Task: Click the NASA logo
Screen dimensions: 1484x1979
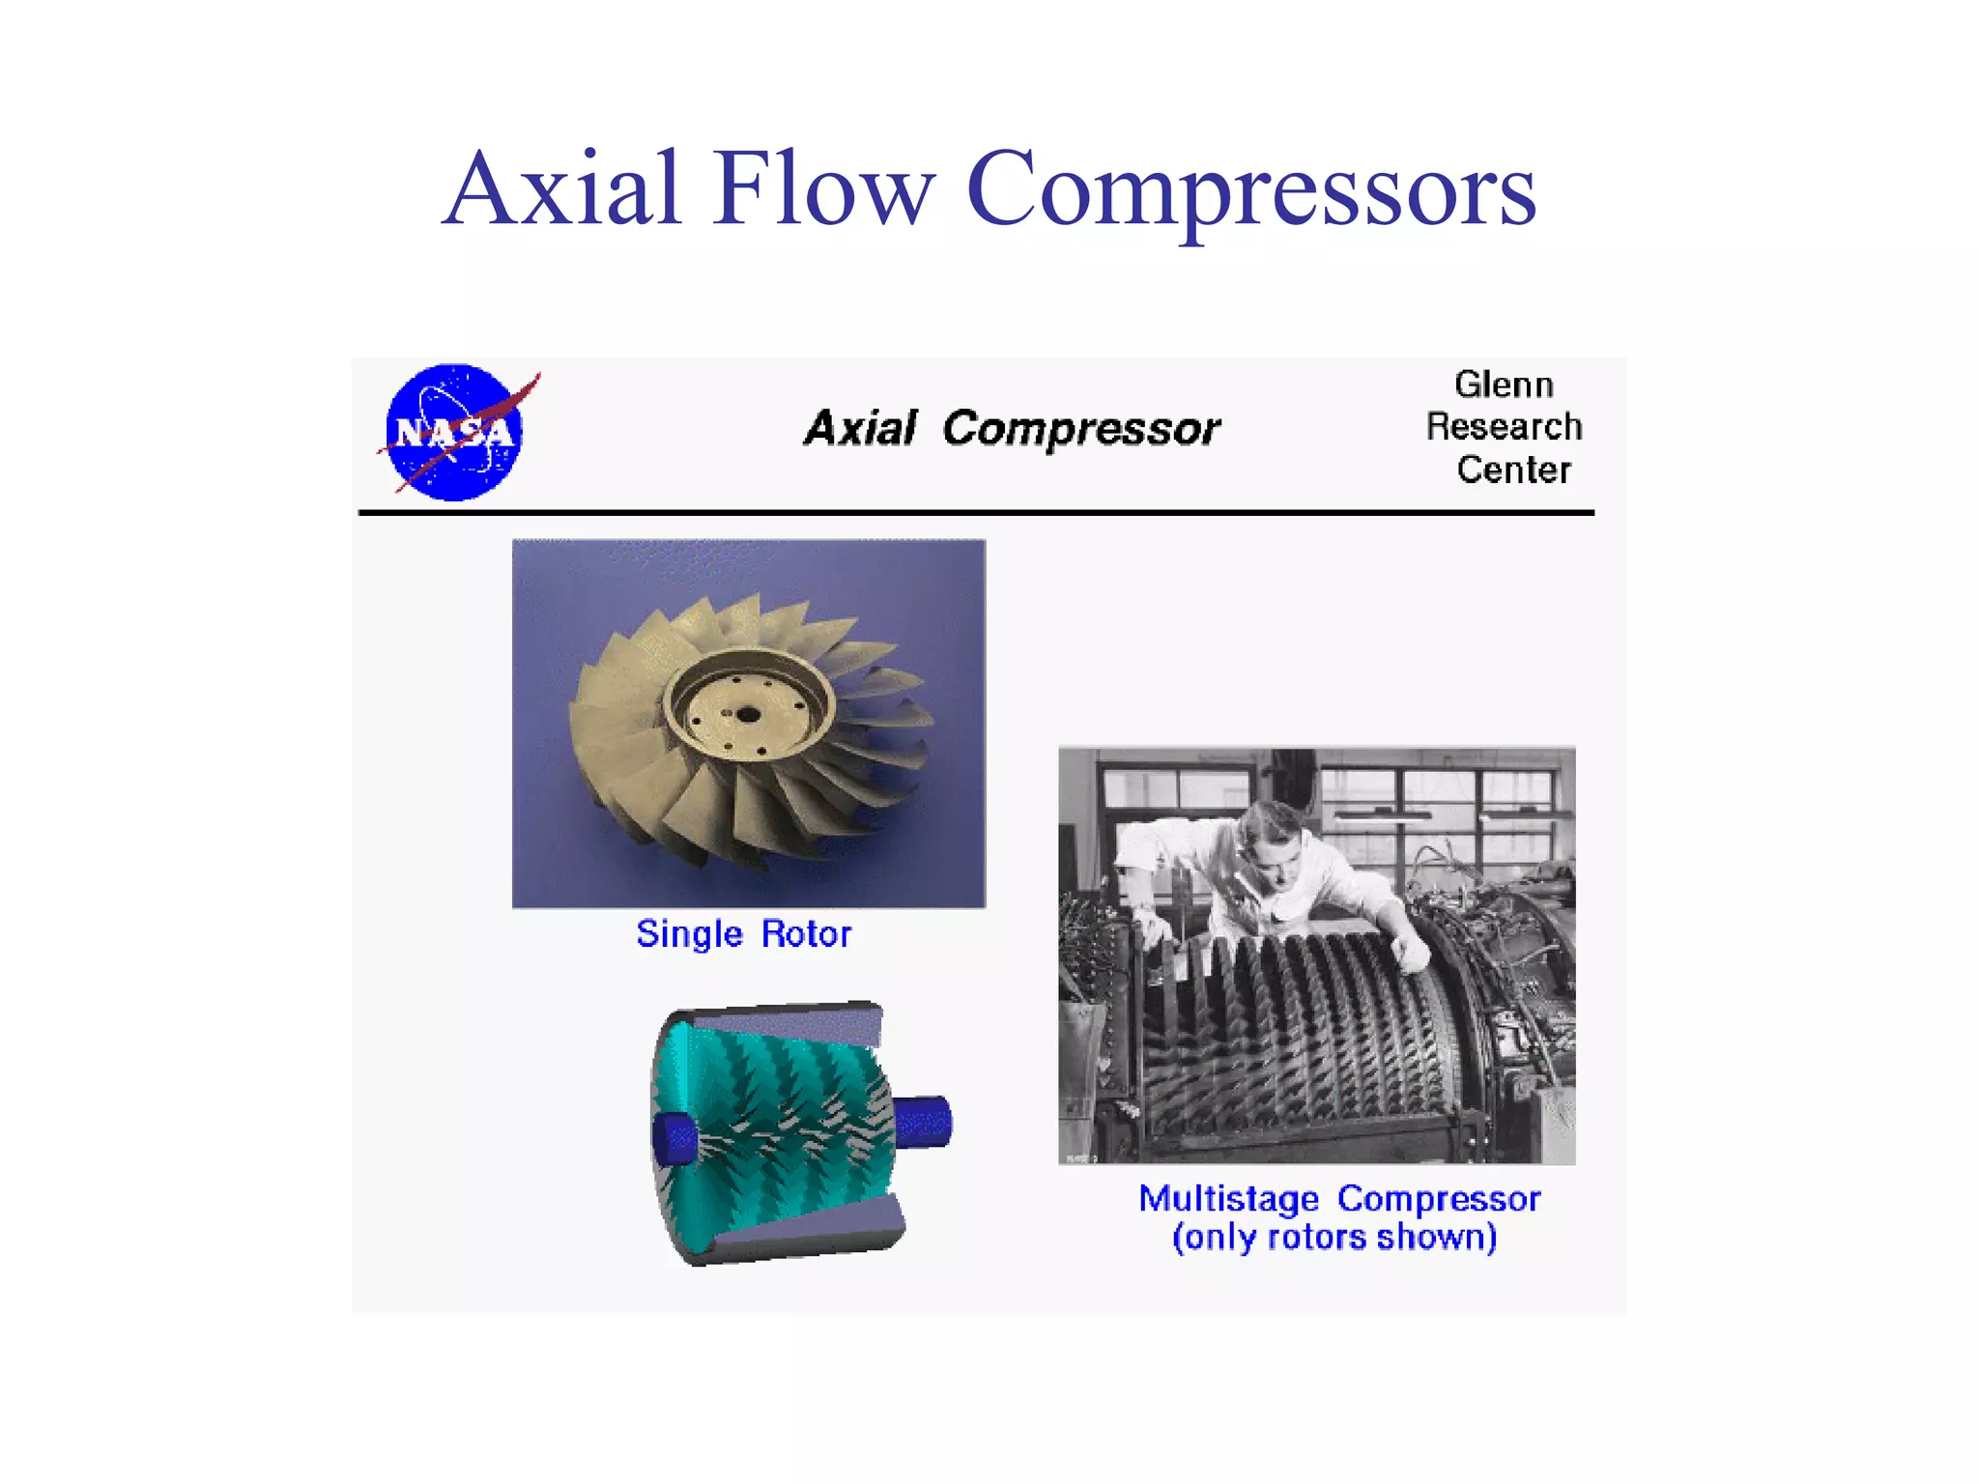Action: [454, 432]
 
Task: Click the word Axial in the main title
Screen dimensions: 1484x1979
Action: [563, 189]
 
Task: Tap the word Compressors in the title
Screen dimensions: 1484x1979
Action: [1250, 189]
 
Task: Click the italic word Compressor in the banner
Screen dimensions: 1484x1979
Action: [1080, 428]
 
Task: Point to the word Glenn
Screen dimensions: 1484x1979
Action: [1504, 385]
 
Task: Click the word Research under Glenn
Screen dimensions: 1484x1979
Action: [1504, 426]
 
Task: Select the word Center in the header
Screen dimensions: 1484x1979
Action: [1513, 470]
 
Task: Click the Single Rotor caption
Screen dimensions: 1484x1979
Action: [743, 934]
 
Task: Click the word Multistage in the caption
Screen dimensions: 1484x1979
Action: [1228, 1199]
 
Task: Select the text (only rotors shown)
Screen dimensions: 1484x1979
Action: [1334, 1238]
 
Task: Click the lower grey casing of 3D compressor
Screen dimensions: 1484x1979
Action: [802, 1237]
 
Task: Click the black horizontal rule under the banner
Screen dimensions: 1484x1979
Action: [976, 513]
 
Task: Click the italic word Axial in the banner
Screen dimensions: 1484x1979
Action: [860, 428]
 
